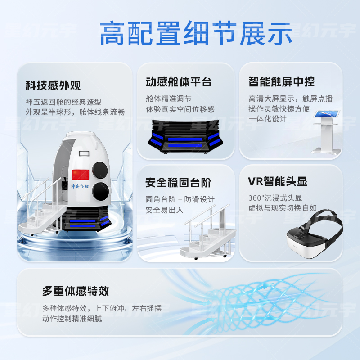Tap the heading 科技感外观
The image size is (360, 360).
(x=53, y=85)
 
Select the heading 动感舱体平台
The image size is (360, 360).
(x=179, y=82)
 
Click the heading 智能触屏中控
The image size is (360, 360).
(x=281, y=82)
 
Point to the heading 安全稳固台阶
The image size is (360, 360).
(x=179, y=183)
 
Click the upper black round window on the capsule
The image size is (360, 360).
(x=100, y=170)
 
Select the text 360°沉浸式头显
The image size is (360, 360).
(x=275, y=198)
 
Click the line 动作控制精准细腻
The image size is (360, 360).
(x=72, y=319)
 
